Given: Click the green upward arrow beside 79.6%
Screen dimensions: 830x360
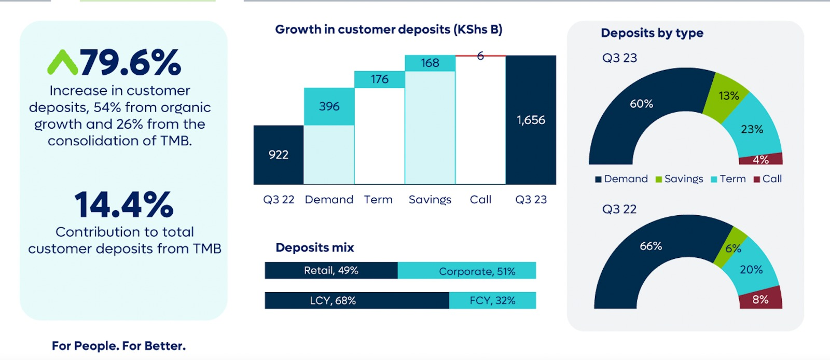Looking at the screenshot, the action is click(63, 62).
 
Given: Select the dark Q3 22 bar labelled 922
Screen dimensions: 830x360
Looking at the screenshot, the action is click(278, 155).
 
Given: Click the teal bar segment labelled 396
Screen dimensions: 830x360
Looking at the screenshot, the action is click(329, 107).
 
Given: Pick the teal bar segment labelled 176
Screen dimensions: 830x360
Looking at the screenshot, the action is click(379, 79).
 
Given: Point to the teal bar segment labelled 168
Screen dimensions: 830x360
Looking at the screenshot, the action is click(430, 63).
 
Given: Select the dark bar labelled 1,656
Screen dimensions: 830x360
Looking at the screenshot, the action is click(531, 120).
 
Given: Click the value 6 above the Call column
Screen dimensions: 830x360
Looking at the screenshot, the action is click(480, 56).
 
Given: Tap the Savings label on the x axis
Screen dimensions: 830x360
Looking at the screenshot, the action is click(430, 200).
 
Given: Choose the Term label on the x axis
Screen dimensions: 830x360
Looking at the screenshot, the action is click(378, 200).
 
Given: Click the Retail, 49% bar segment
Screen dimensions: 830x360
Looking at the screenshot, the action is click(331, 270).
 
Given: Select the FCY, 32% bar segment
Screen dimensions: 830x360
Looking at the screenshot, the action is click(492, 300).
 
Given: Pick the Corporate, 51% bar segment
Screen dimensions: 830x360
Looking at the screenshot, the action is click(467, 270).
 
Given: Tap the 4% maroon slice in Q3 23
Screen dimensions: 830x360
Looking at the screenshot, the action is click(760, 159).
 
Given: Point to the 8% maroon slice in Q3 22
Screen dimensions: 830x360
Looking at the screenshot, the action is click(760, 298).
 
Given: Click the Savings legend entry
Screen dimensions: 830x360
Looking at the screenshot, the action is click(679, 179).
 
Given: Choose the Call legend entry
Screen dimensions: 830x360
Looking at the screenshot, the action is click(768, 179).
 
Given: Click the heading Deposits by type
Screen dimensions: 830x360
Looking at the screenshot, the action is click(652, 33).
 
